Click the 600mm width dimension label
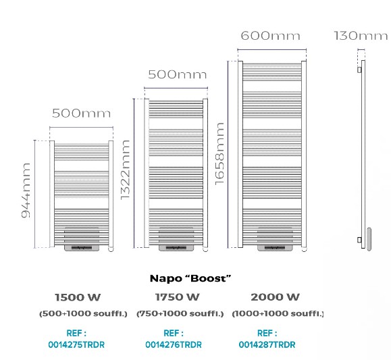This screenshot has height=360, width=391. [x=270, y=35]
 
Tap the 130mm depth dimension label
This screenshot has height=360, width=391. [x=361, y=35]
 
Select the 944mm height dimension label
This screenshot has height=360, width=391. [x=26, y=190]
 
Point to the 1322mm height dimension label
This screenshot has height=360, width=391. [x=125, y=170]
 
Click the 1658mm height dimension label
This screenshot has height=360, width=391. [x=219, y=154]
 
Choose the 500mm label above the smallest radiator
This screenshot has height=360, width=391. [x=81, y=113]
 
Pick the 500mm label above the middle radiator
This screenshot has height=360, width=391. [x=178, y=74]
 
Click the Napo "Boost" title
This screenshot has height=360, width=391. [x=190, y=278]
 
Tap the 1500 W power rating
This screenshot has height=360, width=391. [x=78, y=297]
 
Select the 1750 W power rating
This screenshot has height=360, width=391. [x=178, y=297]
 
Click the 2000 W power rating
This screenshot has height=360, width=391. [x=275, y=297]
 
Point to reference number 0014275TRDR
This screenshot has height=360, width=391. [x=76, y=344]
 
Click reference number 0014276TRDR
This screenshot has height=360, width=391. [x=174, y=344]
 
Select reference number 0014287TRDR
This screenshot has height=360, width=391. [x=267, y=344]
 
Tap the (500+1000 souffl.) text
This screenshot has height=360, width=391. [x=83, y=313]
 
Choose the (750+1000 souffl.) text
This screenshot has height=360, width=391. [x=180, y=313]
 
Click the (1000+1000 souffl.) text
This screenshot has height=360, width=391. [x=278, y=313]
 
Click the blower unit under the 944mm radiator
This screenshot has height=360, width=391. [x=82, y=239]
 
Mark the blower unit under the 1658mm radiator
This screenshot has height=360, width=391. [x=275, y=239]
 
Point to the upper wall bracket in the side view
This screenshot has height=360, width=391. [x=359, y=70]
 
